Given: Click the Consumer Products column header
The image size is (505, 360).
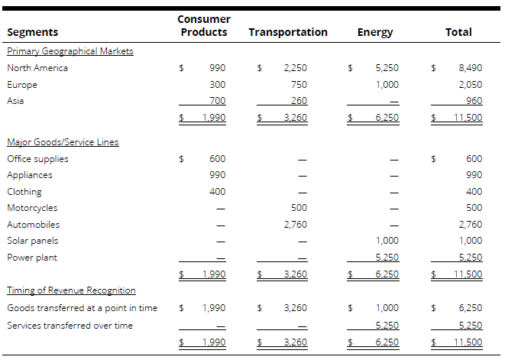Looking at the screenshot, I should tap(203, 25).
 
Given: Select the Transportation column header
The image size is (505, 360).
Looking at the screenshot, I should tap(288, 32).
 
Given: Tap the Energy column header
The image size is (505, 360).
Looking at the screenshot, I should tap(374, 32).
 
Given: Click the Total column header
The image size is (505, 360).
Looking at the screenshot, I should tap(458, 32).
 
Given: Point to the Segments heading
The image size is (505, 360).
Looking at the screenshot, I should tap(32, 32).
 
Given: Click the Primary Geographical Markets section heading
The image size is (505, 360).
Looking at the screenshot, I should tap(70, 51).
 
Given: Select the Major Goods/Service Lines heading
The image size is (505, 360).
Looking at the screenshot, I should tap(63, 142).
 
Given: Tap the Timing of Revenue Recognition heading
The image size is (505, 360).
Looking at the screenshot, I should tap(71, 290).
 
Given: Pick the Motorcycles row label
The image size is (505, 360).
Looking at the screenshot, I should tap(32, 208).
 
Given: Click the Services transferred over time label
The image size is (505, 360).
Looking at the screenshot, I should tap(70, 326).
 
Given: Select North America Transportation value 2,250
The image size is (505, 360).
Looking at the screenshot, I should tap(295, 68).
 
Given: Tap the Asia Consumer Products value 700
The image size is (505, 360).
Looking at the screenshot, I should tap(217, 101).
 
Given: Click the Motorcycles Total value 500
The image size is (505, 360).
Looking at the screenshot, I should tap(474, 208).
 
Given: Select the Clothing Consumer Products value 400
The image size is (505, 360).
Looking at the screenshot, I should tap(217, 192).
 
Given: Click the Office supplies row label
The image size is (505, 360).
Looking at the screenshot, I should tap(37, 159).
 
